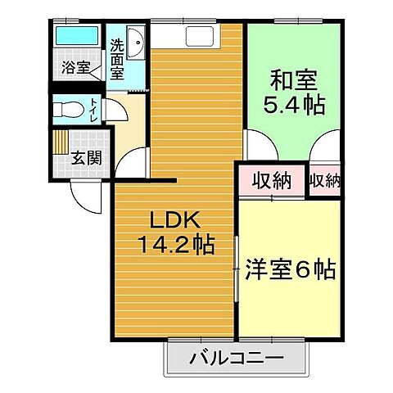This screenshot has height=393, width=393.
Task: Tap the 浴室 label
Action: click(76, 68)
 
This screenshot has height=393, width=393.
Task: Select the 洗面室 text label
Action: click(117, 59)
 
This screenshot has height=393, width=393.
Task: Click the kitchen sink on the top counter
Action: click(201, 37)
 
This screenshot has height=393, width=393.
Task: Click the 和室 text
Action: click(292, 80)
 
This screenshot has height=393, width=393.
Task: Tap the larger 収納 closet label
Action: click(271, 181)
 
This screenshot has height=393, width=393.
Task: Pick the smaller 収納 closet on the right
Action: click(325, 180)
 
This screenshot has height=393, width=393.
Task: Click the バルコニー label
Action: click(237, 358)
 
